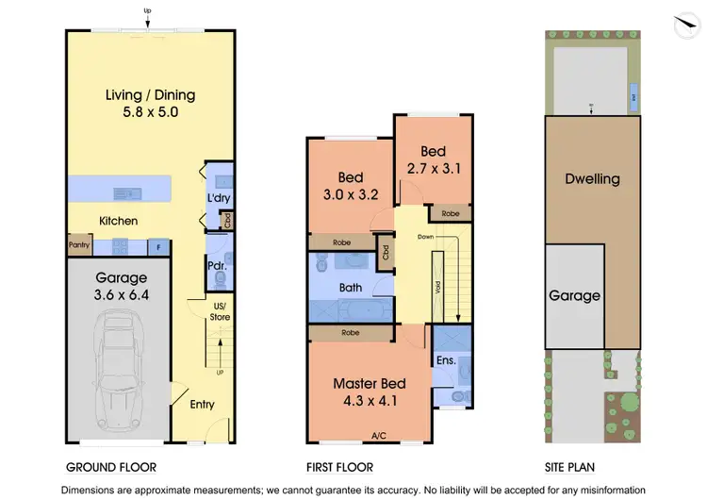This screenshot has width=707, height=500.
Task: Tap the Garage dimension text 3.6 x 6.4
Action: [x=122, y=294]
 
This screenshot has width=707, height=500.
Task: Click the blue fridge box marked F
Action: [x=158, y=247]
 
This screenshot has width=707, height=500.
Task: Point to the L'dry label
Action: [x=219, y=198]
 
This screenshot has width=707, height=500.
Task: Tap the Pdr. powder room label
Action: [x=218, y=266]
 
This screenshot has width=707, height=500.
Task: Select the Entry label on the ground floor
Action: [x=202, y=405]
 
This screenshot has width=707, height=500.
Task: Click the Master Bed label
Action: [x=370, y=384]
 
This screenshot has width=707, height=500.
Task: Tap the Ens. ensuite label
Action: [x=446, y=360]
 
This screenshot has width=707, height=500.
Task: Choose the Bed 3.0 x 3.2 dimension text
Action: [x=350, y=195]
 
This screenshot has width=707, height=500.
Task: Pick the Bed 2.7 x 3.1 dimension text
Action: [x=433, y=168]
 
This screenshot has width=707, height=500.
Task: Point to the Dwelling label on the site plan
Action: [x=592, y=178]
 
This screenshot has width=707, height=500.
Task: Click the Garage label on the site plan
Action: [x=575, y=295]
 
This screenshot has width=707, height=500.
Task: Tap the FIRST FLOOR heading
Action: [x=340, y=467]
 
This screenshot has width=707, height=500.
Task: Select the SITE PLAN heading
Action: [x=569, y=467]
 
